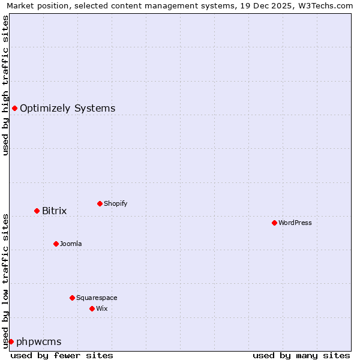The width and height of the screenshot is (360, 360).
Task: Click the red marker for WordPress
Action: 274,223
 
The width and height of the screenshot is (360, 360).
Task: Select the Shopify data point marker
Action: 100,203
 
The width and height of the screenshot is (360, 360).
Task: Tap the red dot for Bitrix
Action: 37,211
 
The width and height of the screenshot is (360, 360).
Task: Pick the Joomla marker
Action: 56,244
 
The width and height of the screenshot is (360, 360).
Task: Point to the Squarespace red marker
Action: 72,298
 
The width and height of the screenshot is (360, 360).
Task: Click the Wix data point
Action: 92,308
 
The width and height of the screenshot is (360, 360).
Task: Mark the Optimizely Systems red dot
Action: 14,108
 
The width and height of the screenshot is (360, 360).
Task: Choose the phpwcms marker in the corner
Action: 11,341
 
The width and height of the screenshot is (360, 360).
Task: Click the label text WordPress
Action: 295,223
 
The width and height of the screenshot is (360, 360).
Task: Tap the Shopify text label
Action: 116,203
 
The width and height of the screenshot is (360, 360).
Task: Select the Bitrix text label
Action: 55,211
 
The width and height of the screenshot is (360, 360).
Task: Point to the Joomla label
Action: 71,244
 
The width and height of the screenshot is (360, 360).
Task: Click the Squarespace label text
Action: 97,298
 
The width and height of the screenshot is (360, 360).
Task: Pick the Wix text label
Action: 102,308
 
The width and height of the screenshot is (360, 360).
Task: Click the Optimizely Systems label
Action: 68,108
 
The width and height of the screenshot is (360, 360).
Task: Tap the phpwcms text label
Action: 39,341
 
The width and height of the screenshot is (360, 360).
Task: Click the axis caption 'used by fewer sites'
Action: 62,355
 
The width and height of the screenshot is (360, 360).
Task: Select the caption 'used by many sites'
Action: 301,355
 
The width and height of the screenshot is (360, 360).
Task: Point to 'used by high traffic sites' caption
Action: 5,85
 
